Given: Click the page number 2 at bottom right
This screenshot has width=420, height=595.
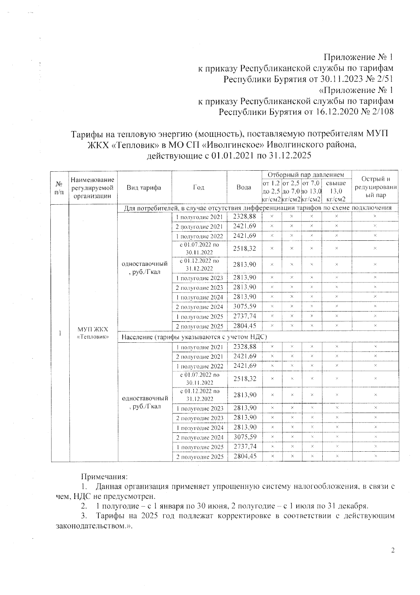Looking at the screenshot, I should (393, 550).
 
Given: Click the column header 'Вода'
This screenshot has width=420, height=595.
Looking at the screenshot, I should (244, 187).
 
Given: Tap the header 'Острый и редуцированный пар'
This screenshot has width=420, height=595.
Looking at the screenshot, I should (375, 187).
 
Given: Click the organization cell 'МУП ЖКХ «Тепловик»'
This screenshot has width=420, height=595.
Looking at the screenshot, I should (93, 333).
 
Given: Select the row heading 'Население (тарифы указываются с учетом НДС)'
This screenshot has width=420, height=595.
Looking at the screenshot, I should (194, 337).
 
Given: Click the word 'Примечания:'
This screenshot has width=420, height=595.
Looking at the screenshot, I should (105, 477).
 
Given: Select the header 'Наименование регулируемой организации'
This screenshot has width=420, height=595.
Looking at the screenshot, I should (93, 187).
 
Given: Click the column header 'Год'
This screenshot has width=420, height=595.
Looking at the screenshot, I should (199, 187).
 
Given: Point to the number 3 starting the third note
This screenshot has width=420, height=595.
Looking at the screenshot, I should (83, 516).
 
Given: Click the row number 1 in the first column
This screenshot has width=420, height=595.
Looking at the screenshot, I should (60, 333).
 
